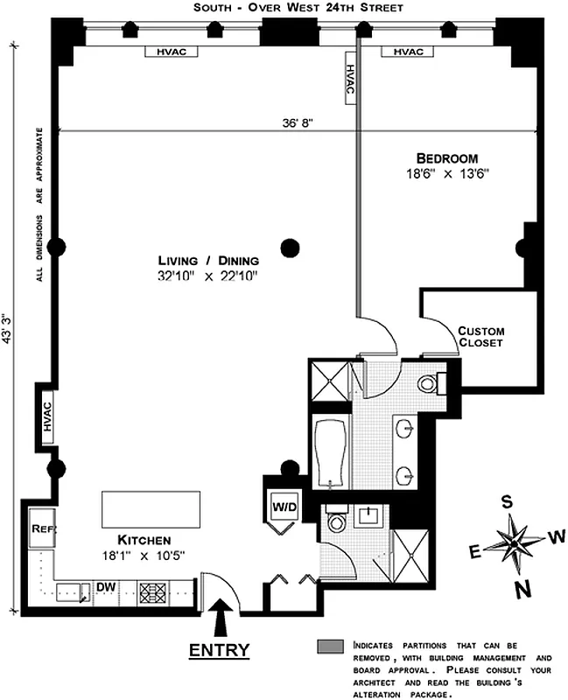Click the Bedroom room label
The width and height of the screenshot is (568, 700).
(x=447, y=158)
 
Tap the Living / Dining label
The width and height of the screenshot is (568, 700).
(x=209, y=260)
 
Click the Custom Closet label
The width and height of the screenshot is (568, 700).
(x=481, y=337)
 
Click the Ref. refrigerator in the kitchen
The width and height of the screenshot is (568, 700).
(x=40, y=529)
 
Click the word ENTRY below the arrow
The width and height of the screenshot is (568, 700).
(x=219, y=649)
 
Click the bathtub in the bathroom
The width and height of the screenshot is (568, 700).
(x=331, y=454)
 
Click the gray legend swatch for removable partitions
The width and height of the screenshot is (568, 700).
(x=331, y=647)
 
